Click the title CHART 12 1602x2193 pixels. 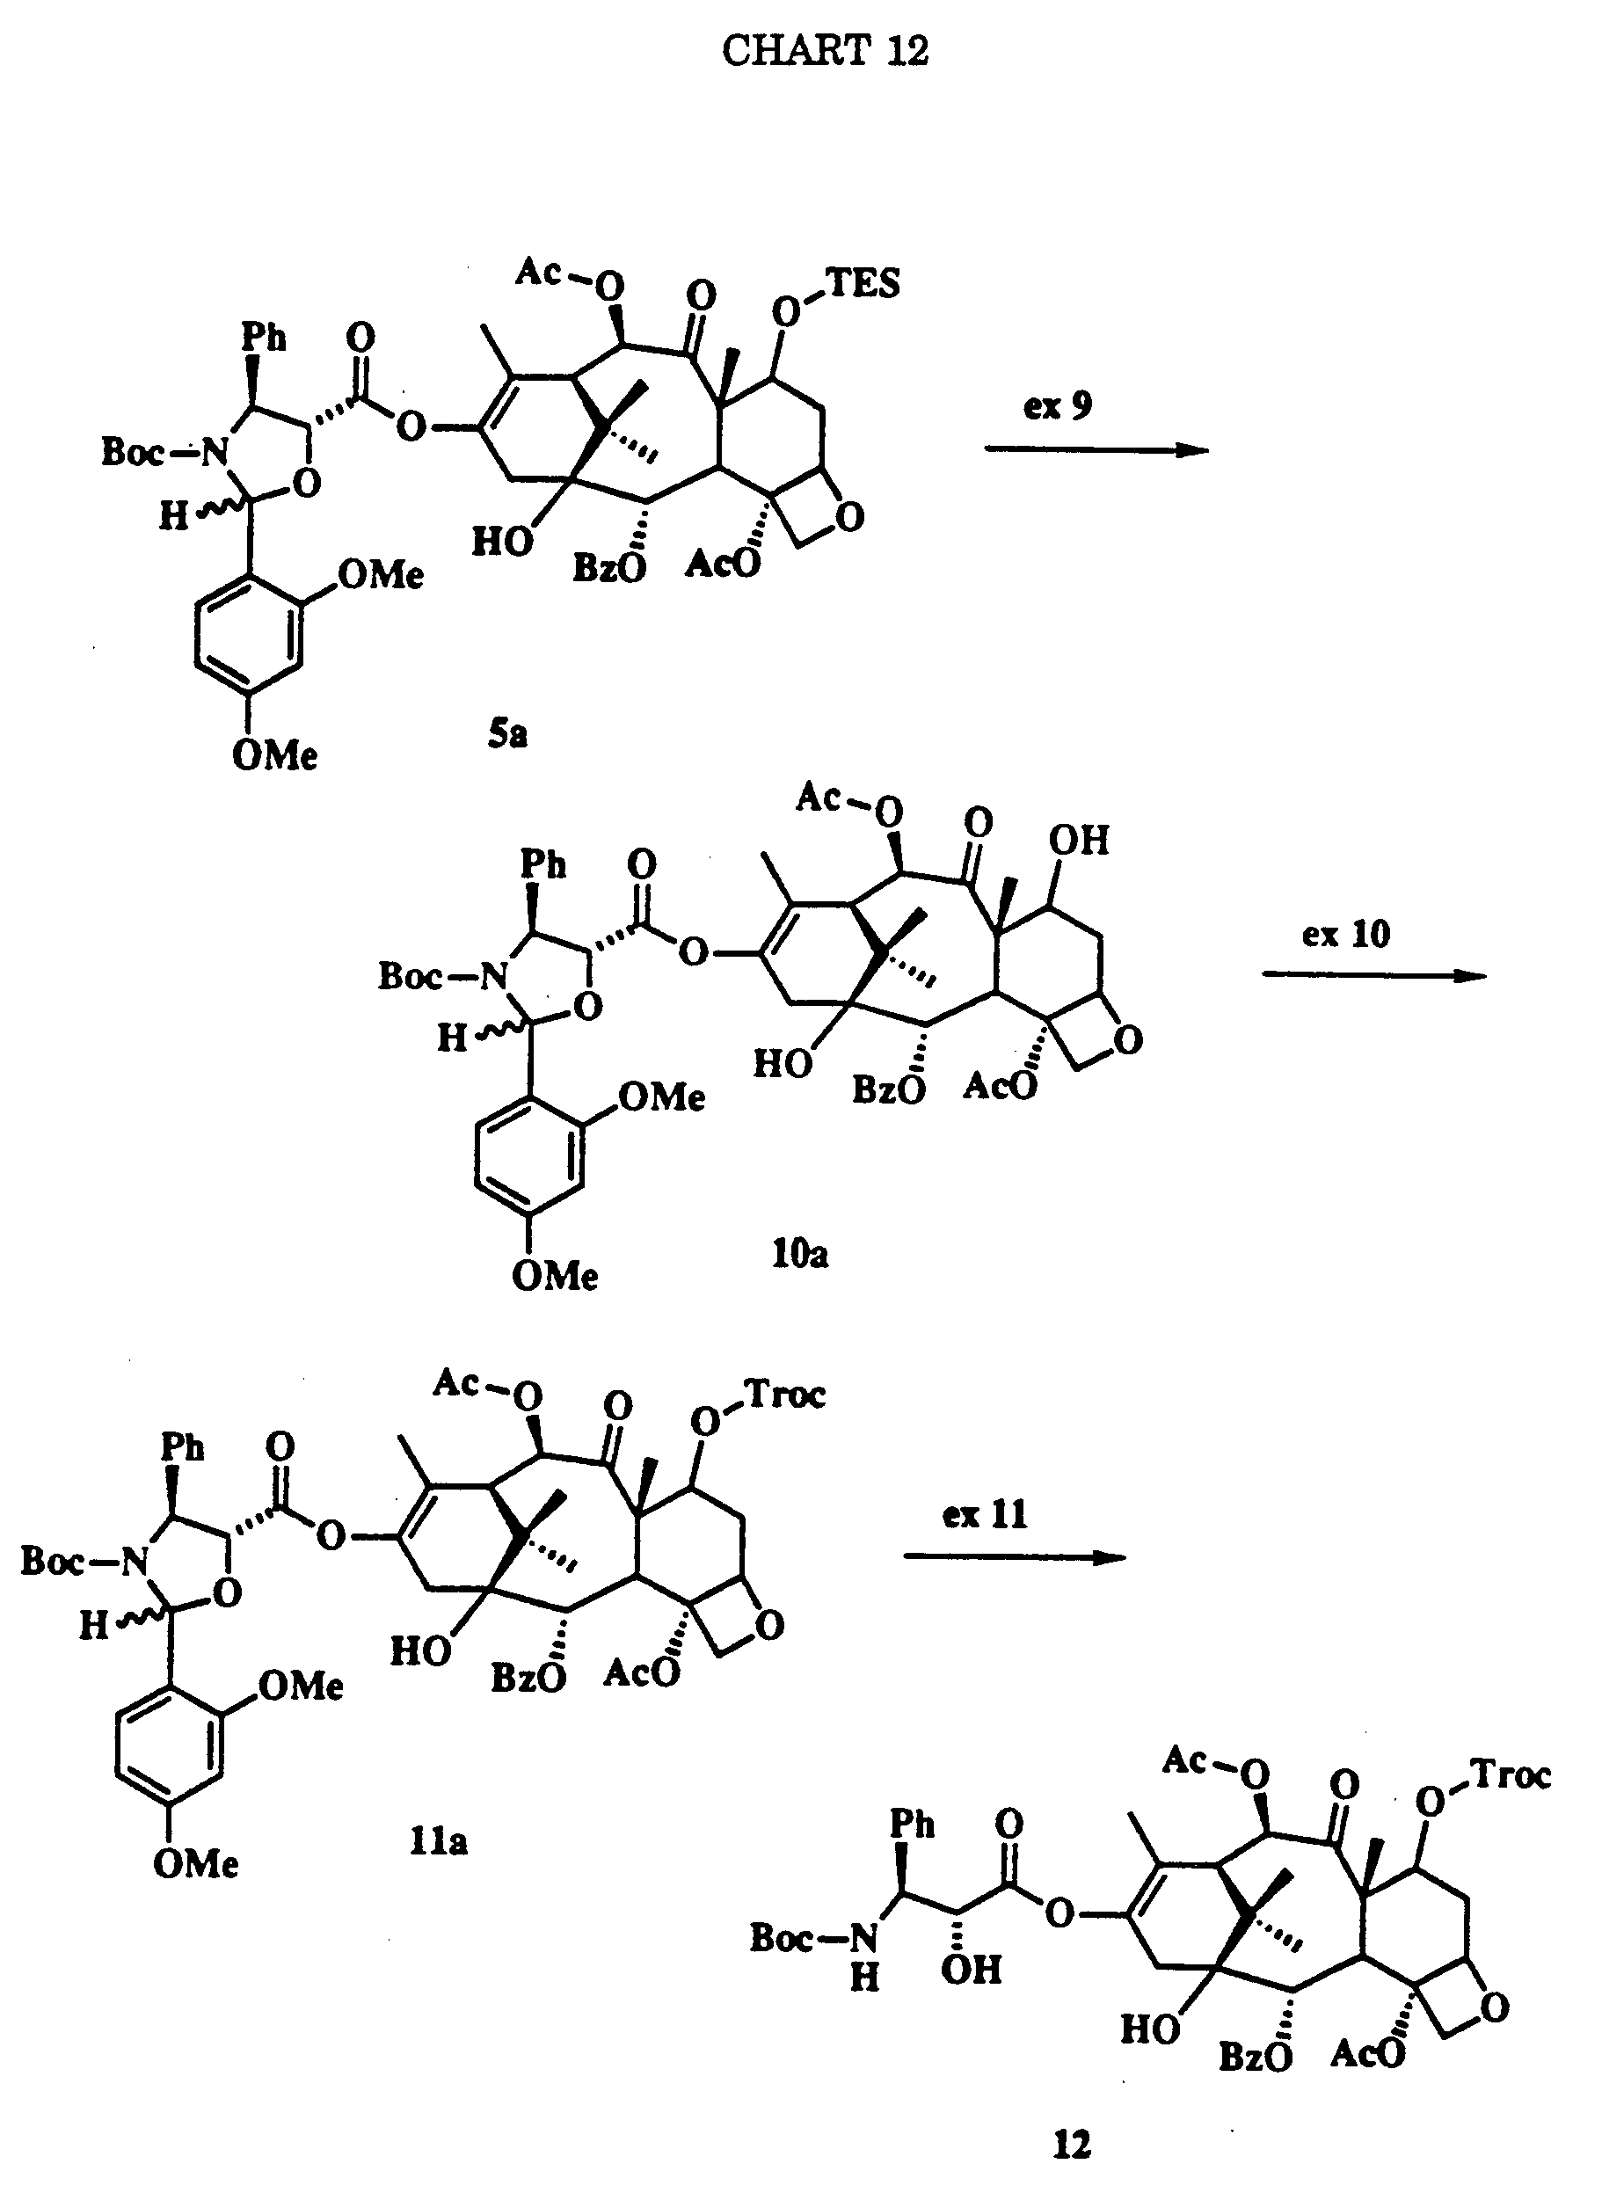(x=826, y=50)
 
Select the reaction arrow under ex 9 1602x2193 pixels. (x=1096, y=449)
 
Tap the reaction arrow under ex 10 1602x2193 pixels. (x=1374, y=976)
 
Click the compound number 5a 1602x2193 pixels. (x=507, y=734)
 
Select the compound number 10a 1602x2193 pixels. (x=800, y=1254)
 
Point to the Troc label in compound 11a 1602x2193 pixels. (x=785, y=1395)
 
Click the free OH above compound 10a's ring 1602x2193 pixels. (x=1078, y=840)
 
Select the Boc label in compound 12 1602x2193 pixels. (x=784, y=1938)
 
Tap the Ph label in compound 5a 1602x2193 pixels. (x=264, y=337)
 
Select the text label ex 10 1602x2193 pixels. (x=1346, y=934)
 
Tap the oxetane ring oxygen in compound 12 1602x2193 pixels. (x=1495, y=2007)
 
